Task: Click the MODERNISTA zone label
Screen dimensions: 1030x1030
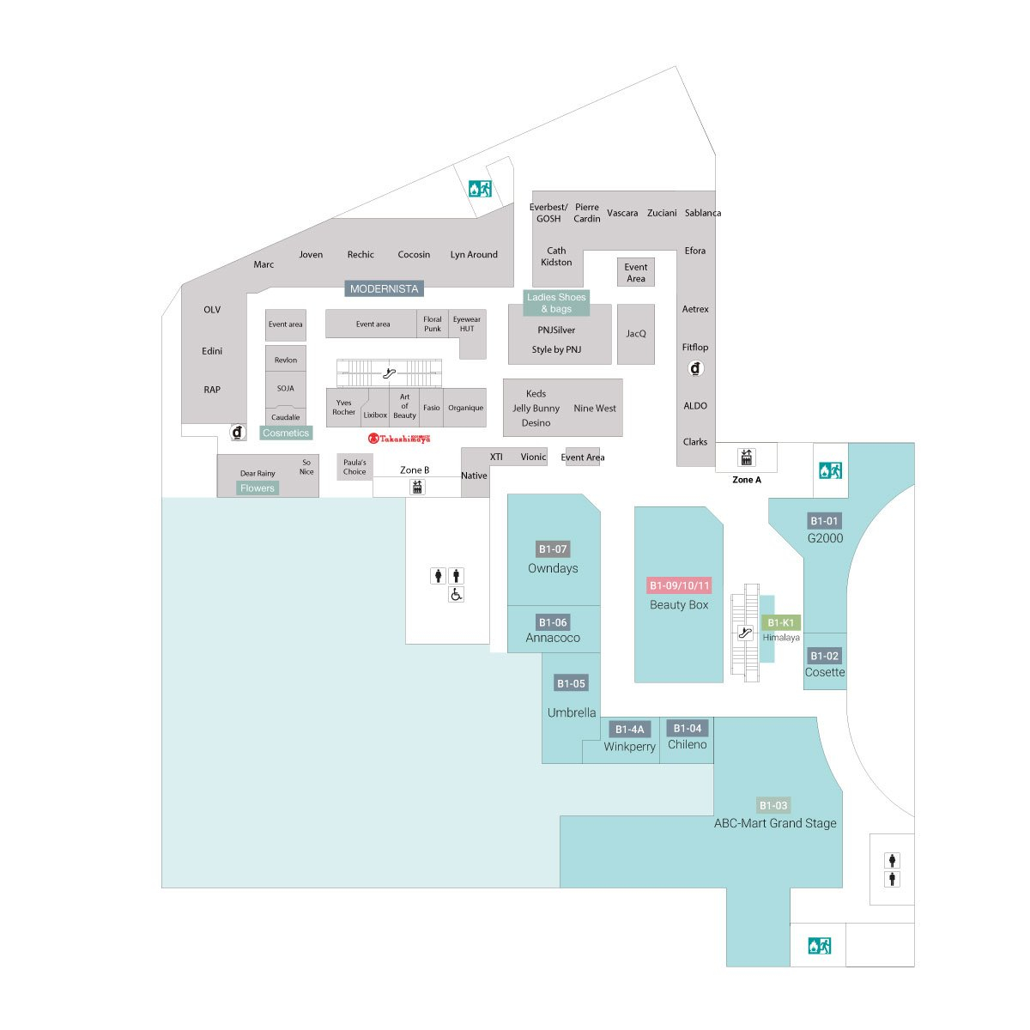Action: click(x=384, y=289)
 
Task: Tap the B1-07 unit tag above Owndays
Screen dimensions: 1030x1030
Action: click(x=553, y=549)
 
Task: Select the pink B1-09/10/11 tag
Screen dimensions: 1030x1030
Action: click(x=679, y=586)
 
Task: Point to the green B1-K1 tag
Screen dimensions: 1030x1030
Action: click(x=780, y=622)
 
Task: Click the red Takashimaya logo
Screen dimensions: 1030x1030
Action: click(x=399, y=438)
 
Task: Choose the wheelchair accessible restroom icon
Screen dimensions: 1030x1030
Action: click(x=457, y=595)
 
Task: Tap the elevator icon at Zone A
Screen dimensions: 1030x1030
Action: click(x=747, y=457)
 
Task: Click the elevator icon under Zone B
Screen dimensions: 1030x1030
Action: click(x=417, y=487)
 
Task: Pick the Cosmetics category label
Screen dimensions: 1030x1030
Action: click(x=286, y=433)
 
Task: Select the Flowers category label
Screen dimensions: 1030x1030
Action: click(x=257, y=488)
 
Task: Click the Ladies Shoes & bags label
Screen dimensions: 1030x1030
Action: click(x=556, y=303)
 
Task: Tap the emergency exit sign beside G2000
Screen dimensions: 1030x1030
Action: click(x=830, y=470)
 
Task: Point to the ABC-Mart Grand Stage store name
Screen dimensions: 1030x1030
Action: click(x=775, y=823)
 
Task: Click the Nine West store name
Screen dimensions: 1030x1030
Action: click(x=595, y=409)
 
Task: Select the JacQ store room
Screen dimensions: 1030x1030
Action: click(x=636, y=334)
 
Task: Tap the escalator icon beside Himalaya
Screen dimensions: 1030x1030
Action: click(x=745, y=633)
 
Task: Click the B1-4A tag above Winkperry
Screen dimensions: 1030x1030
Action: click(x=629, y=730)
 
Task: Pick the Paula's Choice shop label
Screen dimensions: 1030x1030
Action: click(x=354, y=467)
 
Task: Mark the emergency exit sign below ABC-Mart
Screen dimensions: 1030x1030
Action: click(x=819, y=946)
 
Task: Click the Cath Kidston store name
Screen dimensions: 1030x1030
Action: click(x=556, y=257)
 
